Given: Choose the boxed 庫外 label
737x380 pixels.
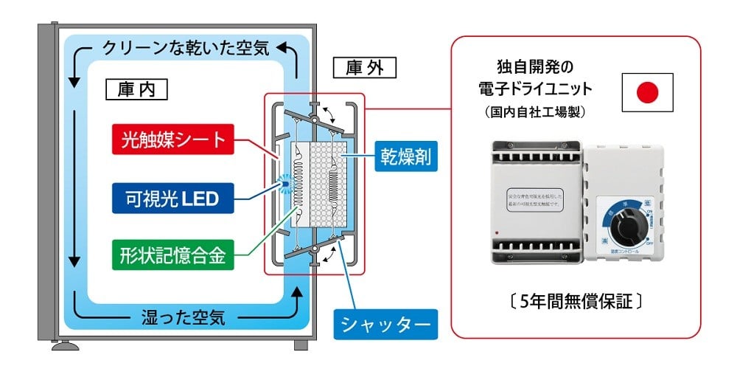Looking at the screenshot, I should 370,69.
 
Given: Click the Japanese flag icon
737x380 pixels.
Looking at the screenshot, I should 646,92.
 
